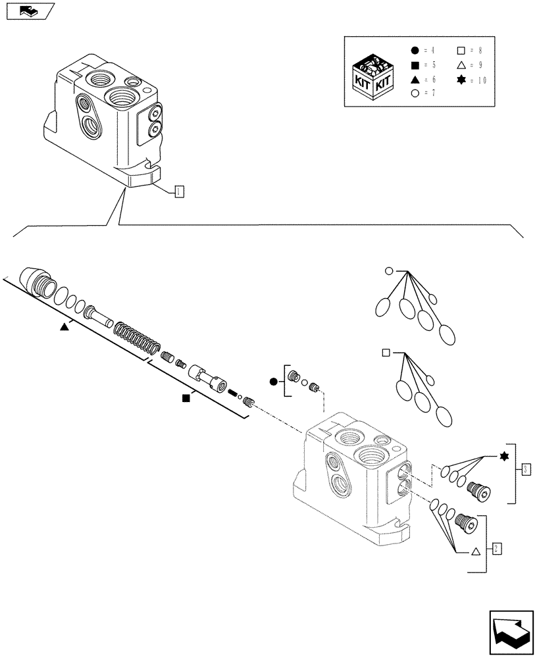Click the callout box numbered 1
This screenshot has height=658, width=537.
[178, 191]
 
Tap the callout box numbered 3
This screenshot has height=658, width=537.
[524, 469]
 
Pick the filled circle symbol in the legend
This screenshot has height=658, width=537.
[415, 51]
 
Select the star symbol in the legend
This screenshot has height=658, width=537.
[461, 80]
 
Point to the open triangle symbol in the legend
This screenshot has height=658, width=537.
[461, 65]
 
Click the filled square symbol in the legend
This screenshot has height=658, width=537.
[415, 65]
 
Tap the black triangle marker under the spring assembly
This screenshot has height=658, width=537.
[64, 327]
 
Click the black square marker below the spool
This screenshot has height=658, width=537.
[186, 398]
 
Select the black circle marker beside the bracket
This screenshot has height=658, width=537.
[272, 382]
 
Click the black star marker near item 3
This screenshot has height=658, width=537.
[504, 457]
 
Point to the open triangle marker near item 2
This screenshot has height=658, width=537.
[474, 553]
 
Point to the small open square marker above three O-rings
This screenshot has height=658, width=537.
[386, 353]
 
